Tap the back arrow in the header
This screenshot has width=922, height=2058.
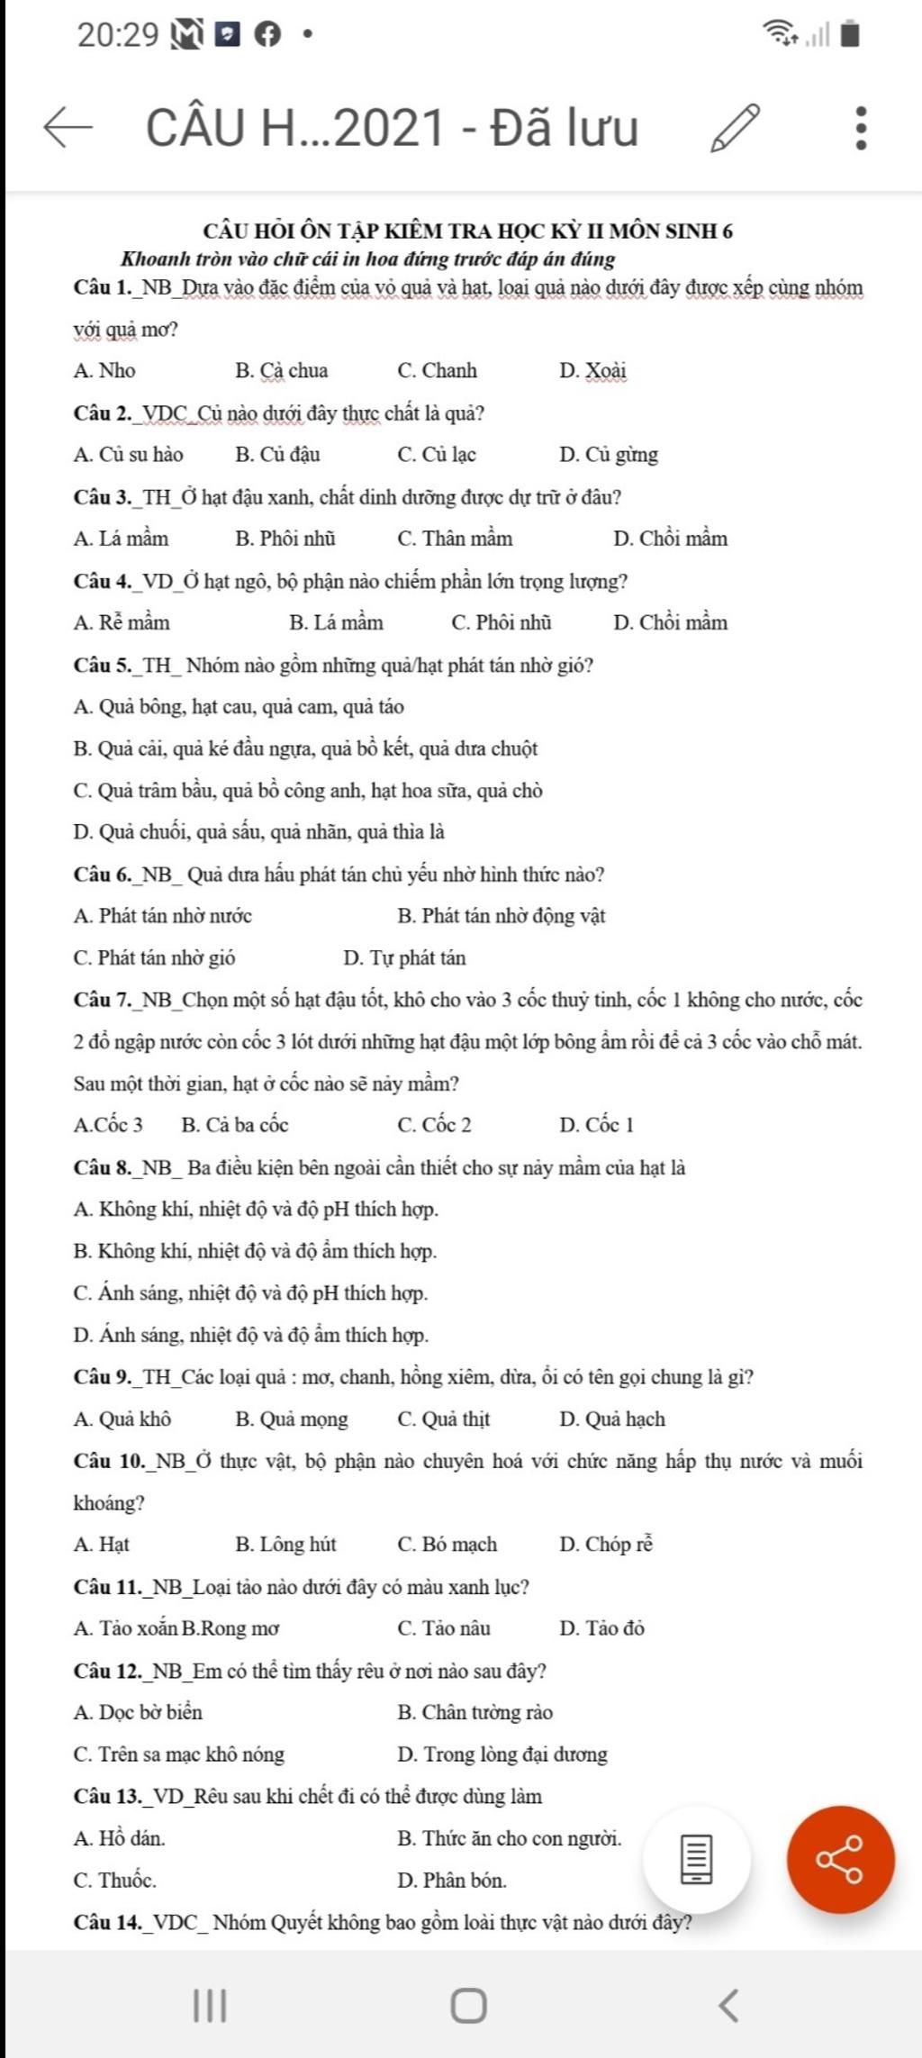[68, 128]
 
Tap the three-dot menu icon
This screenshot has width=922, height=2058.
[861, 127]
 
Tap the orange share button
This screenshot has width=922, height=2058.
[840, 1859]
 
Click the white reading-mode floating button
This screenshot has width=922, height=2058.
[697, 1859]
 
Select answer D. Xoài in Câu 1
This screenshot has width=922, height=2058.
[592, 370]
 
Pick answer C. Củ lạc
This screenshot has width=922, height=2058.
[437, 454]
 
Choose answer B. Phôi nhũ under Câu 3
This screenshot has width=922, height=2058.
[285, 539]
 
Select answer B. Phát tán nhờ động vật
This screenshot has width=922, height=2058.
[501, 916]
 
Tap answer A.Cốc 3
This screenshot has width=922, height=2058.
[108, 1125]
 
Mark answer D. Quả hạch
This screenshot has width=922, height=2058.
[612, 1419]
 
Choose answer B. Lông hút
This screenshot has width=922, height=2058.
[285, 1545]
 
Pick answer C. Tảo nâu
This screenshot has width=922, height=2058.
[444, 1628]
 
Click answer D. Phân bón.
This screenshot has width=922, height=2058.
[452, 1881]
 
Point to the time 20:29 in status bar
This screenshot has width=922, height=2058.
[118, 35]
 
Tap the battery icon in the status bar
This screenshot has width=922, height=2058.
[850, 35]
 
